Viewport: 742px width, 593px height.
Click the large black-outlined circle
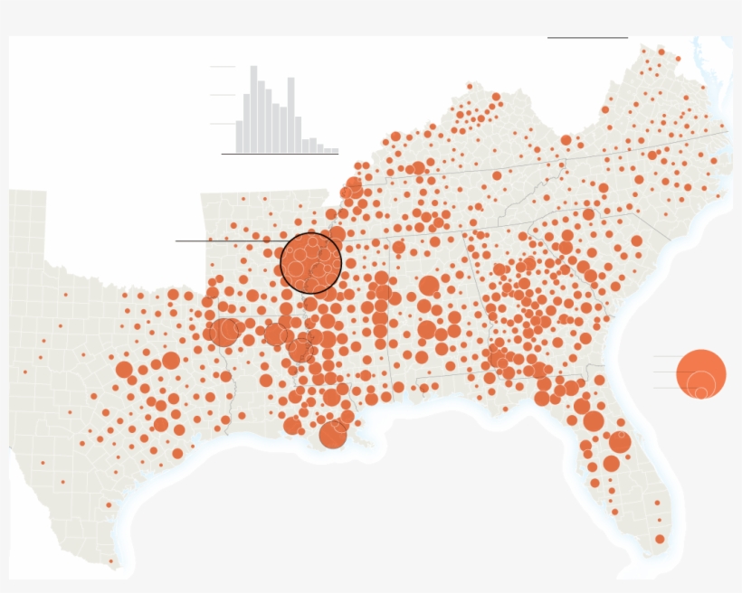(310, 263)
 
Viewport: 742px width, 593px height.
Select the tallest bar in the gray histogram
(254, 109)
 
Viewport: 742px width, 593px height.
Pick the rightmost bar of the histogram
(335, 151)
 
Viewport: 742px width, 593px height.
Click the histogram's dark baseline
(280, 155)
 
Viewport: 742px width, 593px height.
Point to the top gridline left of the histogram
(222, 67)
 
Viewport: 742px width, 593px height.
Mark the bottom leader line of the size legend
(670, 388)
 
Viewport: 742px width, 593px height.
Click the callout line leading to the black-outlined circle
(226, 240)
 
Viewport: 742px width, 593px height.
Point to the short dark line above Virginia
(587, 38)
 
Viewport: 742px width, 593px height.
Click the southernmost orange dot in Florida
(660, 539)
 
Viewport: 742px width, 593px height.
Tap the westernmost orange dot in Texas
(25, 372)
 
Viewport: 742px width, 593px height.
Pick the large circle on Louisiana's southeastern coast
(333, 435)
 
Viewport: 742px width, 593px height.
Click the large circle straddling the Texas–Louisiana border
(226, 332)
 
